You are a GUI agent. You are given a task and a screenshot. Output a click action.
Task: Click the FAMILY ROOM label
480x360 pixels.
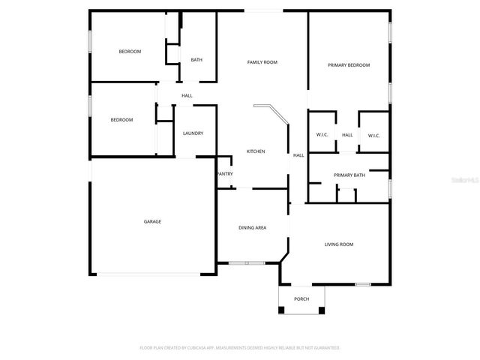tap(262, 62)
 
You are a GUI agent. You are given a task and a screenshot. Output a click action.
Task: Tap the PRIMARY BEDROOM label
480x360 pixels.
tap(349, 65)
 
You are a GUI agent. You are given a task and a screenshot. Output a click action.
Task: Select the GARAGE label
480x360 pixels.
tap(153, 221)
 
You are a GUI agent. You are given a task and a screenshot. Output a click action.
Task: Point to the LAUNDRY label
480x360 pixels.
tap(193, 133)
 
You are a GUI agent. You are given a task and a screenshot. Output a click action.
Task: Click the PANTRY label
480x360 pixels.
tap(224, 174)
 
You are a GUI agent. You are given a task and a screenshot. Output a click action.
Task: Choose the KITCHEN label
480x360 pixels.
tap(256, 151)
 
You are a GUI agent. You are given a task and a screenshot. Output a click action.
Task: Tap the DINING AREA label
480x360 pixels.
tap(253, 228)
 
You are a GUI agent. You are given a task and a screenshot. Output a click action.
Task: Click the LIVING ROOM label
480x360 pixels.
tap(339, 244)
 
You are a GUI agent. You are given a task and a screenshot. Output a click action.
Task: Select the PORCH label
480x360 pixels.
tap(301, 298)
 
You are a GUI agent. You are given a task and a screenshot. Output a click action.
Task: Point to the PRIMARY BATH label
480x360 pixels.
tap(349, 175)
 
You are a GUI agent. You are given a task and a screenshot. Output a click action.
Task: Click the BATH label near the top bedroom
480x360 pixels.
tap(196, 60)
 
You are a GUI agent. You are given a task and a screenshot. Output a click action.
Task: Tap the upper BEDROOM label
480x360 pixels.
tap(130, 51)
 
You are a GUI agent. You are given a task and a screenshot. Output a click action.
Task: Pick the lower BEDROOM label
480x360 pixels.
tap(121, 120)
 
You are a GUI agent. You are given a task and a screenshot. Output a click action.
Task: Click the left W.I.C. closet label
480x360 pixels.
tap(322, 135)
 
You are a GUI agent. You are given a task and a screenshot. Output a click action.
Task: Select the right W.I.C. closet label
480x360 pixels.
tap(373, 135)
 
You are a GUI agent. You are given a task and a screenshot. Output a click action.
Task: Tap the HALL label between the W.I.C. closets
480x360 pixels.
tap(348, 135)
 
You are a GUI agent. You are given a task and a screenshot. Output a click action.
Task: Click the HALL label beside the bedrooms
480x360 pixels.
tap(187, 95)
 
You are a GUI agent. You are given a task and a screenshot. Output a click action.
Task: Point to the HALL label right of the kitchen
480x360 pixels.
tap(298, 155)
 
